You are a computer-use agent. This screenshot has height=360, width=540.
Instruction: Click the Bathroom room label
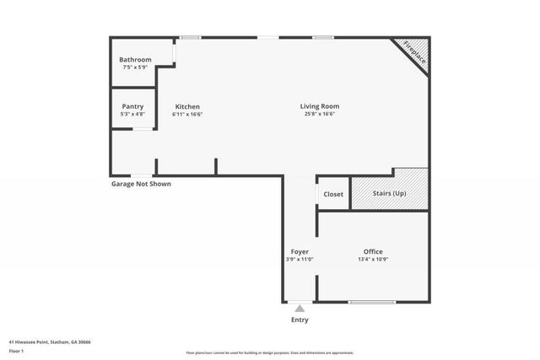click(135, 60)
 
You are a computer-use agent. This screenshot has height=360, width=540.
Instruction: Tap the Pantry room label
click(132, 106)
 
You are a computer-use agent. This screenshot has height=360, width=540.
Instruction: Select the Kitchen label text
click(187, 106)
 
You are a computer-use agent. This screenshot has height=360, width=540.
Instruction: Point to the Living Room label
click(320, 106)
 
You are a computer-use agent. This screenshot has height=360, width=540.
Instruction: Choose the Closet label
click(333, 194)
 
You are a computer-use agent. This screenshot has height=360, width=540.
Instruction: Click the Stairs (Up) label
click(389, 194)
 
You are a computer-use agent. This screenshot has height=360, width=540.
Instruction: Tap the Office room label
click(373, 252)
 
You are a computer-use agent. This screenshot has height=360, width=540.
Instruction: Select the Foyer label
click(300, 252)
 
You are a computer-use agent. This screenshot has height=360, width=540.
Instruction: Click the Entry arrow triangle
click(300, 309)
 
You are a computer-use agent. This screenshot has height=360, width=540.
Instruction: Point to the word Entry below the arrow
click(300, 320)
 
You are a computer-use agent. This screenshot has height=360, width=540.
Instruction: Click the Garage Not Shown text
click(141, 184)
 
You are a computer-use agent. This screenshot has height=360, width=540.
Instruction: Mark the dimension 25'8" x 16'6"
click(320, 115)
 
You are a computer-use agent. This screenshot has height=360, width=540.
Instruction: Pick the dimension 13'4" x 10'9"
click(373, 260)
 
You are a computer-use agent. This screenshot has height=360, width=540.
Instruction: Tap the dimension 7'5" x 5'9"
click(135, 67)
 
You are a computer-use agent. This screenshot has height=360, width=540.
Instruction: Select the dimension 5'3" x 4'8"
click(132, 114)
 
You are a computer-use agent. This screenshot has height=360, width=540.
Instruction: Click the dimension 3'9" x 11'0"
click(300, 260)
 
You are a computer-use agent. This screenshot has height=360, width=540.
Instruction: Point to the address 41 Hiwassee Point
click(51, 342)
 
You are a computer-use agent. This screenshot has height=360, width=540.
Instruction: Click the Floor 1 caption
click(16, 351)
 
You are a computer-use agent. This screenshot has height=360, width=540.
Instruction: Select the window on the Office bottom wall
click(372, 302)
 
